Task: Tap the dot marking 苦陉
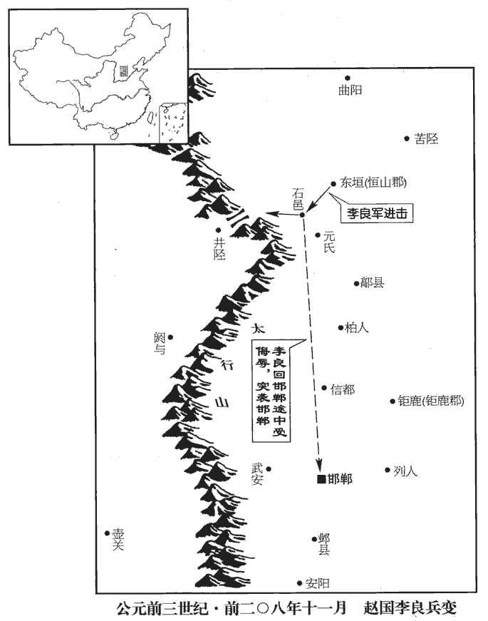(x=407, y=138)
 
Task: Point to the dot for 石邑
(x=302, y=215)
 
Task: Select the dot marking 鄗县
(x=356, y=283)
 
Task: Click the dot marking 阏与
(x=170, y=337)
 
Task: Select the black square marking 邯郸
(x=321, y=478)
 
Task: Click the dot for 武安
(x=269, y=468)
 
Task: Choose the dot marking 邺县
(x=313, y=539)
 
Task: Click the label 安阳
(x=318, y=583)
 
